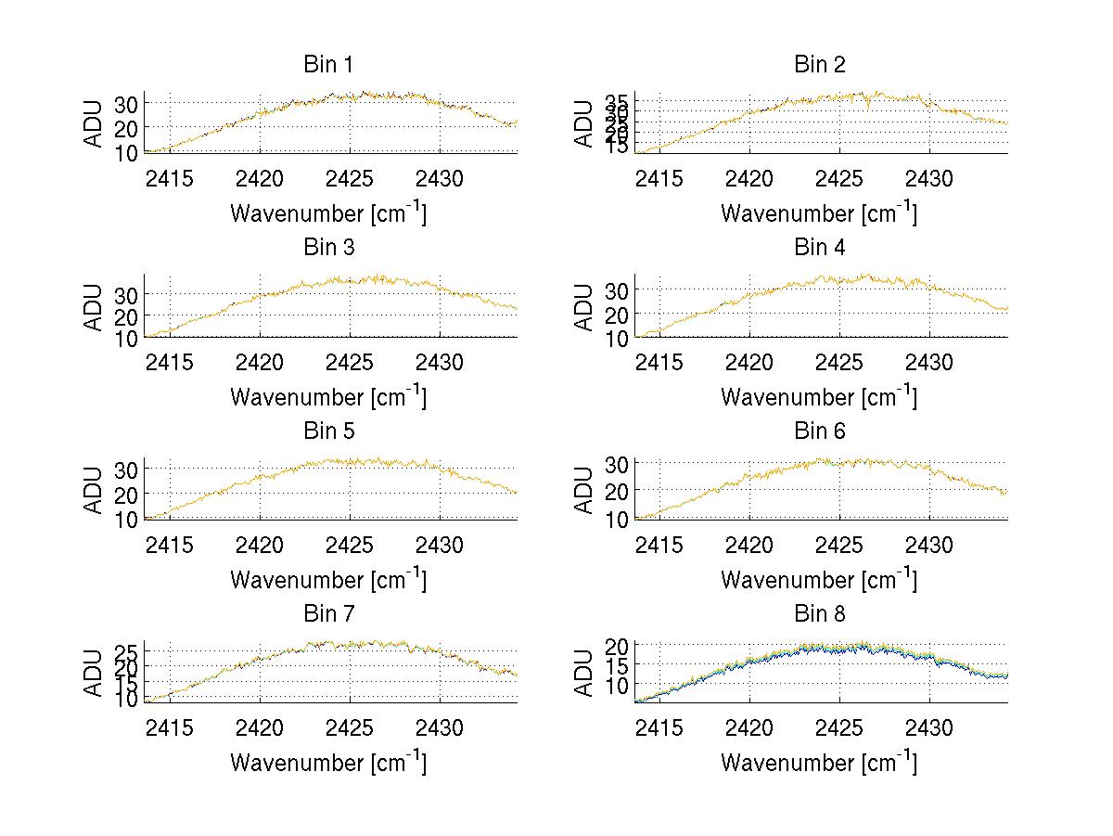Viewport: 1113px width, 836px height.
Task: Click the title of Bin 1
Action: click(327, 65)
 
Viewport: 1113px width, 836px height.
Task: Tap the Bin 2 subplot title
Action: click(819, 65)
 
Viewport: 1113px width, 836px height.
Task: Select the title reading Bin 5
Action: click(327, 431)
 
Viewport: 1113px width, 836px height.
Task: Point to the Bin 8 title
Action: click(819, 614)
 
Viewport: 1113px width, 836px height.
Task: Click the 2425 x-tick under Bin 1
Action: click(350, 177)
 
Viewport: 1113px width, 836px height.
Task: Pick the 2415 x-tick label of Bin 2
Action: click(659, 177)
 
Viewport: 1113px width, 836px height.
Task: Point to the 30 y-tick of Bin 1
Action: click(126, 103)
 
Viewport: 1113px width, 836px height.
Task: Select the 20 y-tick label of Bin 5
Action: click(126, 494)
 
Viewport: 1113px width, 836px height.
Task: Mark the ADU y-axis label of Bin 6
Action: click(585, 489)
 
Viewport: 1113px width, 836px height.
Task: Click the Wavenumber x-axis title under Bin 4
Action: click(819, 396)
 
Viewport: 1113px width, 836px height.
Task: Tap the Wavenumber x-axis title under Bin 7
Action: click(327, 763)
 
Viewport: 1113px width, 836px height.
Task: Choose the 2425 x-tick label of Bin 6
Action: click(840, 544)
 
